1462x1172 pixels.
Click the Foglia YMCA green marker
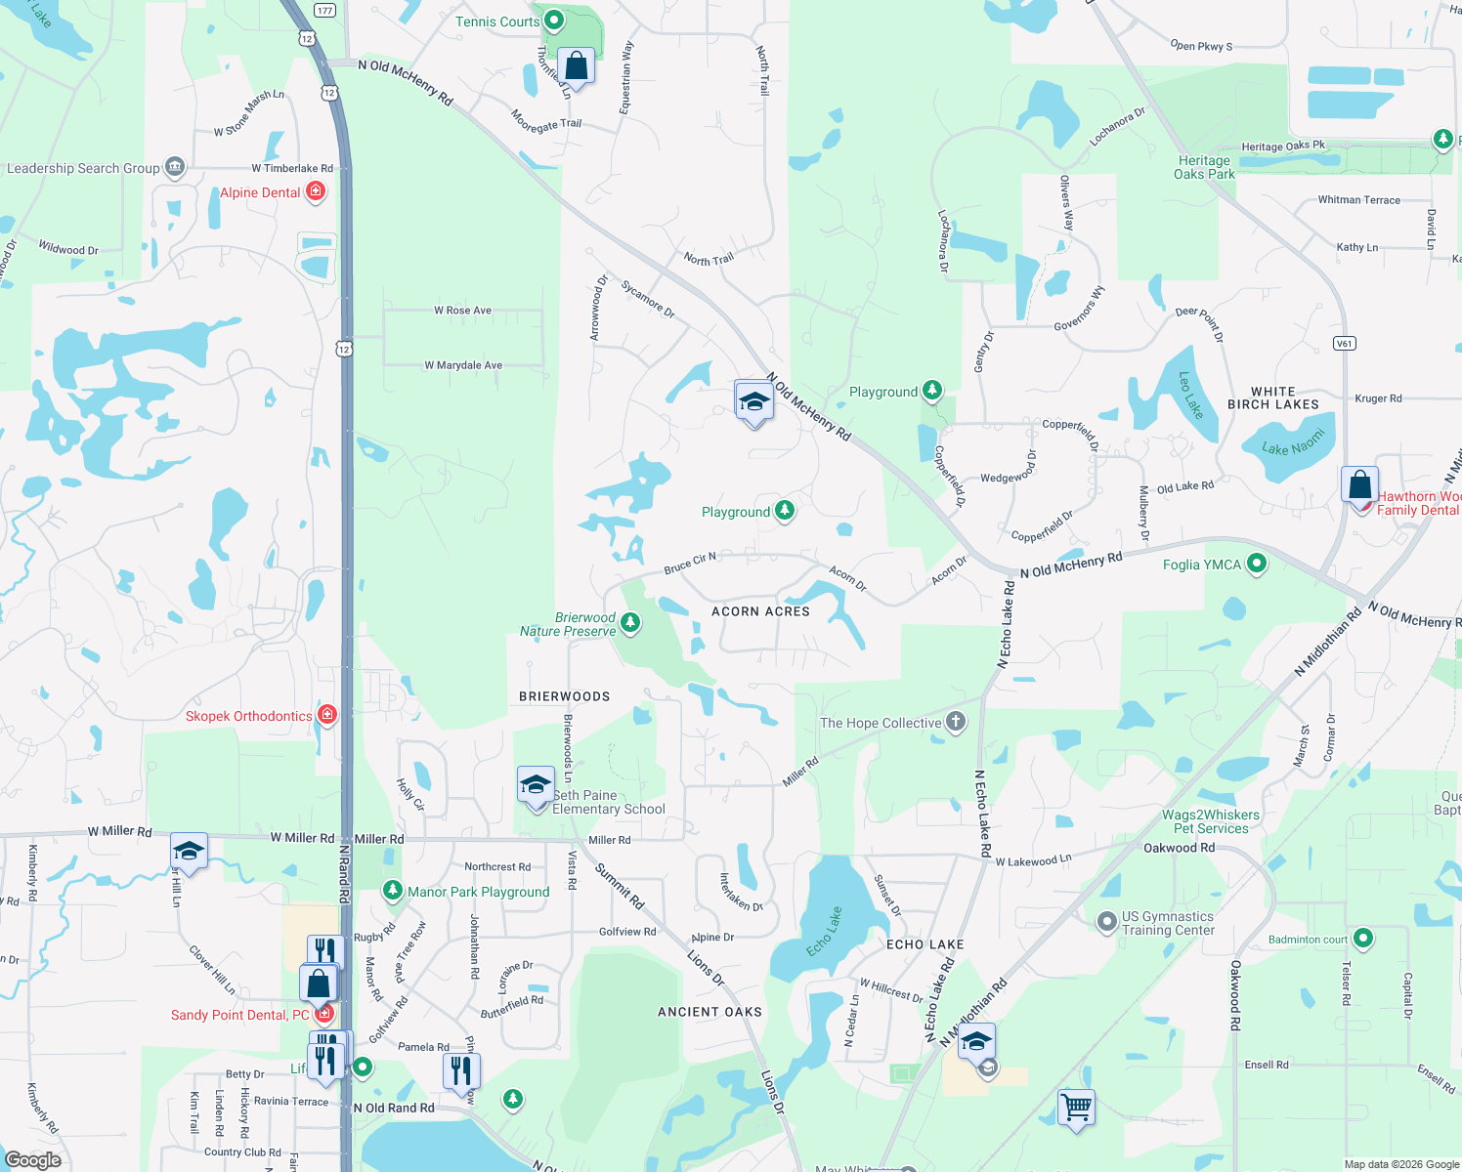tap(1257, 564)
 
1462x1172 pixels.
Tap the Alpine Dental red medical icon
tap(316, 191)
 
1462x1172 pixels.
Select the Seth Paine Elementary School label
tap(608, 802)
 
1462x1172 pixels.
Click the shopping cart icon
tap(1076, 1109)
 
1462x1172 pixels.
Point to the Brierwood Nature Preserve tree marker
tap(630, 622)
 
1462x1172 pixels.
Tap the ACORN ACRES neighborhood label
tap(760, 611)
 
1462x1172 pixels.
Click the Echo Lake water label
tap(824, 932)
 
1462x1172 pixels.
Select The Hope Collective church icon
tap(956, 722)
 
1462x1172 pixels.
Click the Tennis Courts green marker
tap(554, 20)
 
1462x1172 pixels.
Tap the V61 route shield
tap(1345, 343)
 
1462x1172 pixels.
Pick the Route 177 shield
tap(325, 11)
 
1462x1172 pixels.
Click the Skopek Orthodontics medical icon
tap(327, 715)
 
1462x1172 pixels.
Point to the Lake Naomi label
tap(1292, 442)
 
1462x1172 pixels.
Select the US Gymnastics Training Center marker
tap(1106, 921)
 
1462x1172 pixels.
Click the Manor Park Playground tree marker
tap(392, 891)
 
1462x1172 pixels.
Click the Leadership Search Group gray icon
tap(175, 167)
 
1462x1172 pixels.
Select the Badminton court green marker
tap(1363, 939)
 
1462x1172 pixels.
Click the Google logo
tap(32, 1160)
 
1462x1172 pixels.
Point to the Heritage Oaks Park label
tap(1204, 167)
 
